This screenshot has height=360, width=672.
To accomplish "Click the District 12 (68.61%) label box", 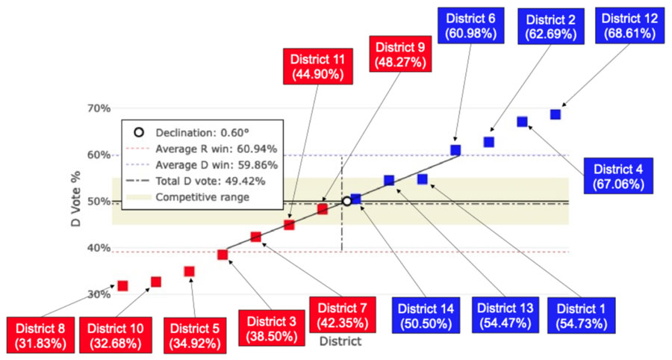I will pyautogui.click(x=630, y=25).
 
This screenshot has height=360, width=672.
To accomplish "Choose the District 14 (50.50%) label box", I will pyautogui.click(x=425, y=316).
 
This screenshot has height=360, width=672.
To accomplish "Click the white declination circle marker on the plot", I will pyautogui.click(x=346, y=202).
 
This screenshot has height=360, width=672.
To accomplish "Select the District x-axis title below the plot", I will pyautogui.click(x=340, y=341).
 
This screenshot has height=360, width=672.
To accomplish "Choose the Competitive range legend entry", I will pyautogui.click(x=202, y=197).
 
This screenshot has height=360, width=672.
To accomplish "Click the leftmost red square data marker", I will pyautogui.click(x=122, y=285).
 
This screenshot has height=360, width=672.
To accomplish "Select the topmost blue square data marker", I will pyautogui.click(x=556, y=114).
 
